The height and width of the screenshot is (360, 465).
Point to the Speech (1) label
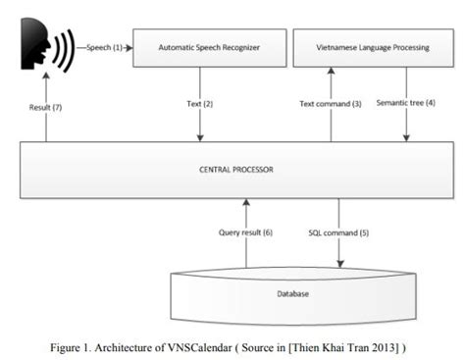pos(104,47)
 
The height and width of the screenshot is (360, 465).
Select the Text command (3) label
pos(328,103)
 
